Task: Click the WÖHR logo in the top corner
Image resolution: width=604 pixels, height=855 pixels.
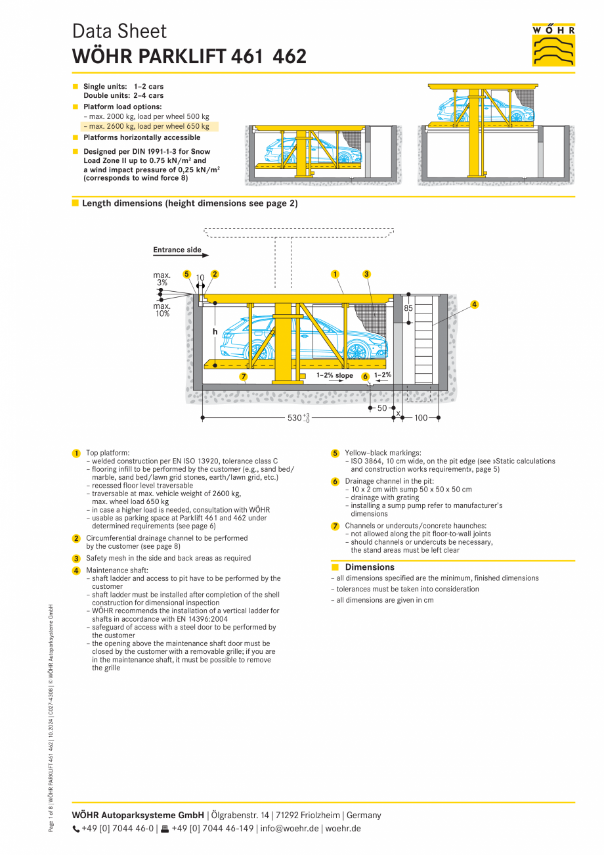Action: coord(553,45)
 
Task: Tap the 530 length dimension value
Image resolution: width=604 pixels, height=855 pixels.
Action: coord(295,418)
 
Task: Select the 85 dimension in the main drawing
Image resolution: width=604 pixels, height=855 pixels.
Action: coord(408,307)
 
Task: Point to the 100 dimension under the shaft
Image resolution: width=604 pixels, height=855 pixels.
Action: coord(420,418)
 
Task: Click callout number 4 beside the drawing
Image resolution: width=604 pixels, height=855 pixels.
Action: coord(475,304)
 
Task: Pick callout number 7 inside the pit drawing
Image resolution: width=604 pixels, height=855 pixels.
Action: coord(243,377)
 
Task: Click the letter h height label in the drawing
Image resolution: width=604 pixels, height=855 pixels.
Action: coord(215,332)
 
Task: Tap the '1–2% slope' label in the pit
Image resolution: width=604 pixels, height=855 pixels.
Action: coord(334,376)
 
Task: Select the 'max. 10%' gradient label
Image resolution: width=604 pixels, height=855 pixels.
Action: coord(162,310)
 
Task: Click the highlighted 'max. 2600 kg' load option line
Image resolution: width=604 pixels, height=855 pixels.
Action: coord(149,126)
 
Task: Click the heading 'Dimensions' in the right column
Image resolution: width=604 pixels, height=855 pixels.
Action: coord(370,567)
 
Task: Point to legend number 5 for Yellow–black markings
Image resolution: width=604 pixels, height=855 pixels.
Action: coord(335,453)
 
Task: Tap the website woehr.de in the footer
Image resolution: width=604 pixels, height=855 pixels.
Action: coord(343,828)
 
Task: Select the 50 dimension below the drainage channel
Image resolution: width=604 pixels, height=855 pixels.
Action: coord(382,408)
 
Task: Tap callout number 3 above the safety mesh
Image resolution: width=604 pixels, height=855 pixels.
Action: coord(366,274)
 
